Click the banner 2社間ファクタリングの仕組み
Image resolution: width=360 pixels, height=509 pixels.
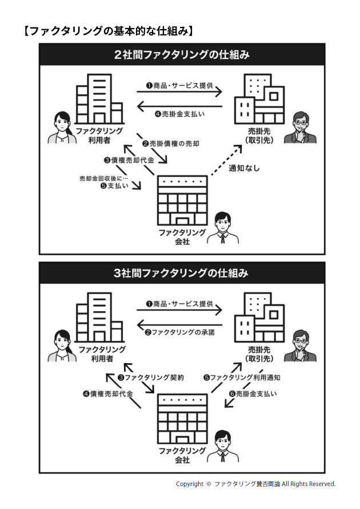click(x=182, y=55)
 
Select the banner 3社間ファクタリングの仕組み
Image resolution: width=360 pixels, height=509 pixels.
click(x=182, y=273)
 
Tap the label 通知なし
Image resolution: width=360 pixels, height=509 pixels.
click(x=245, y=169)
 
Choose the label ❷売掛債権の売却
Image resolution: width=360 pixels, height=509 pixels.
click(x=171, y=143)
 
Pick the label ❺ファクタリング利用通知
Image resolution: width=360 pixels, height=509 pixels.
click(x=242, y=377)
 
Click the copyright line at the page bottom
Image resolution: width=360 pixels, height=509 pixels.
click(x=255, y=484)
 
